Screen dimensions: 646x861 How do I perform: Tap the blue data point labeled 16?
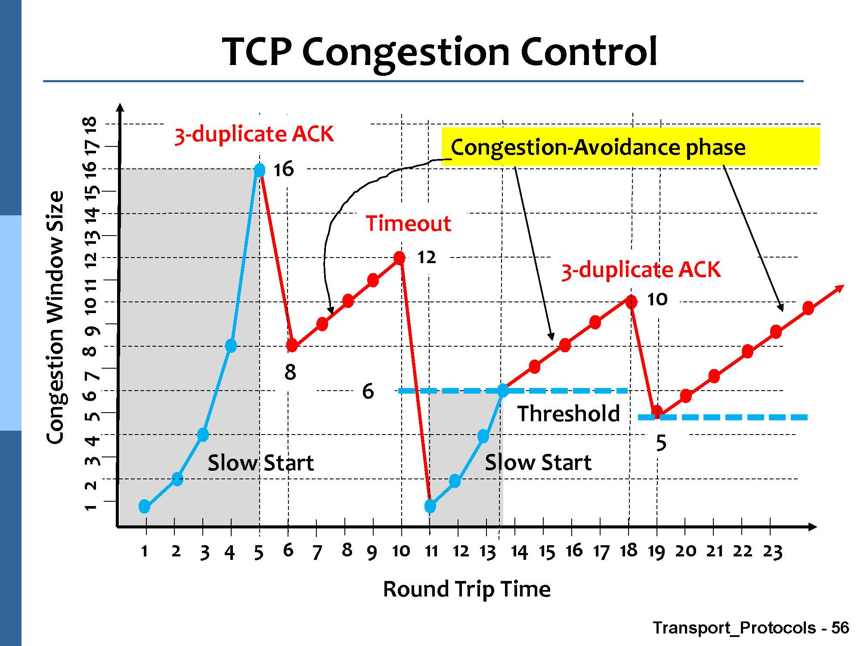(x=260, y=171)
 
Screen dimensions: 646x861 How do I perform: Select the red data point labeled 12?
(x=400, y=258)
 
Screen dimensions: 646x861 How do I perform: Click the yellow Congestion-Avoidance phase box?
(x=631, y=147)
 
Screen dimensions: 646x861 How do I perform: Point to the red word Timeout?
(x=408, y=224)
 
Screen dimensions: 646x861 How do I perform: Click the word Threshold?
(x=568, y=413)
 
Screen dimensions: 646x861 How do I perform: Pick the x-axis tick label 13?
(x=488, y=552)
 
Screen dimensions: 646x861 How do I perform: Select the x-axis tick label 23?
(x=772, y=552)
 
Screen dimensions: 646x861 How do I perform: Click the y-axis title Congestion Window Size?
(x=55, y=317)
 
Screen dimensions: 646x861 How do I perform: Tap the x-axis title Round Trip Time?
(x=467, y=589)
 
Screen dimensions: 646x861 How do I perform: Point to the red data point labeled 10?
(x=631, y=302)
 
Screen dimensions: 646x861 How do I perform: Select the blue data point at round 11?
(x=430, y=506)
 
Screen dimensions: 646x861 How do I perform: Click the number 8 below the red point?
(x=290, y=372)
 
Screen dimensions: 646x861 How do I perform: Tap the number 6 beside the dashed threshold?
(x=368, y=391)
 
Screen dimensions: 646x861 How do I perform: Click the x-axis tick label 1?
(x=145, y=551)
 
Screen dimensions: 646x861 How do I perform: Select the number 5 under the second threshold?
(x=661, y=443)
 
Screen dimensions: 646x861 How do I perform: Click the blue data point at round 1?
(x=145, y=506)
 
